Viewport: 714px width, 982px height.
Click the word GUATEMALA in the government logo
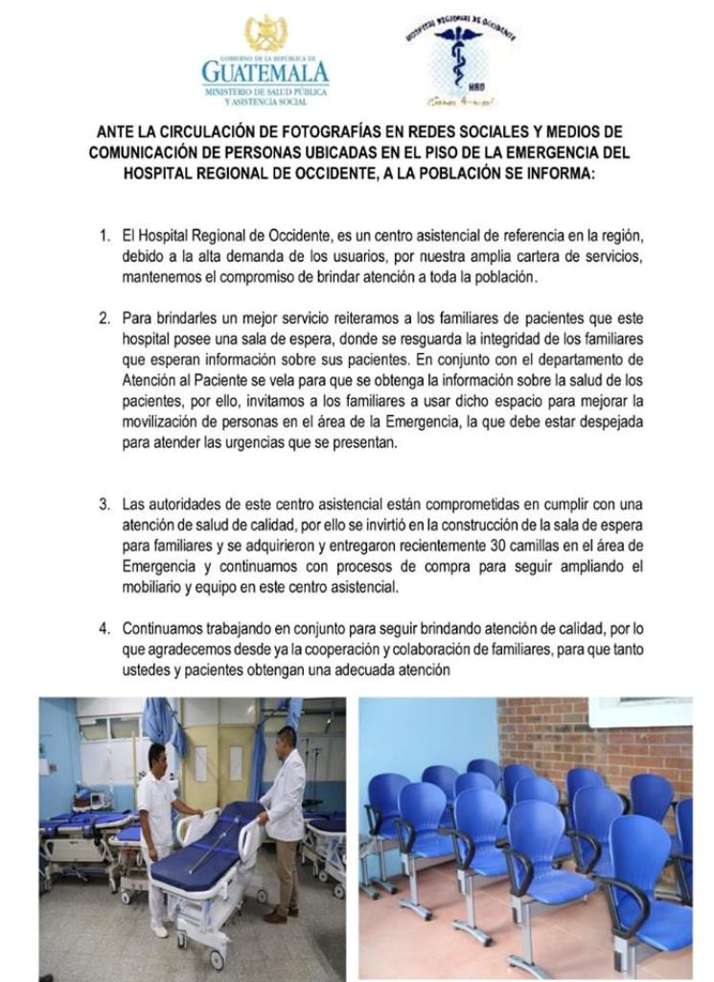coord(265,72)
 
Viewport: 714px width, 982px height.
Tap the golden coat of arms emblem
coord(265,34)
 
